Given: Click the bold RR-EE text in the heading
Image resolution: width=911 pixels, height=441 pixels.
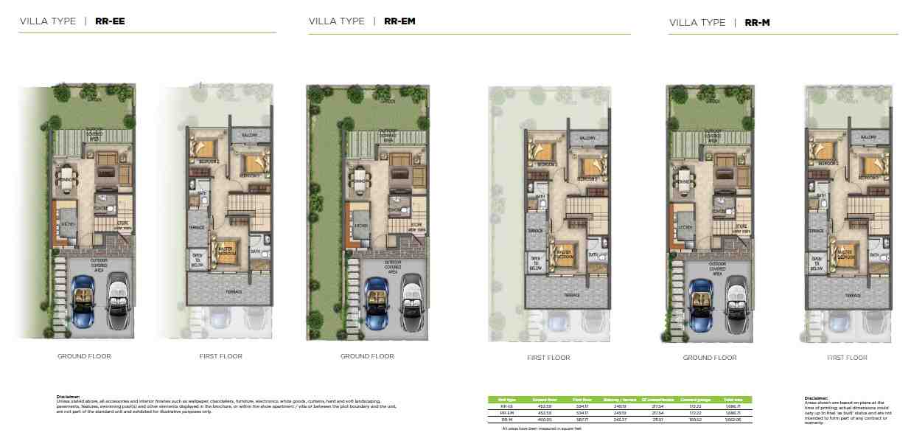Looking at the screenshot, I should (110, 21).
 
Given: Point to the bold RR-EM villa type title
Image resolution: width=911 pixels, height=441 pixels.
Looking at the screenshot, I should (399, 21).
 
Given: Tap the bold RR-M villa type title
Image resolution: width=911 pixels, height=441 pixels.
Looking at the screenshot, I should (757, 23).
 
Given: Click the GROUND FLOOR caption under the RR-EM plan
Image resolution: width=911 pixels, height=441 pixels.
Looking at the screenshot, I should (367, 356).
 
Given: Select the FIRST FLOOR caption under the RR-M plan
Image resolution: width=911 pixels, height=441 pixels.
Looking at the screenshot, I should (847, 358).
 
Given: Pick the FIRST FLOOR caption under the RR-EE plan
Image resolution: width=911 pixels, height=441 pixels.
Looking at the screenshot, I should (220, 356).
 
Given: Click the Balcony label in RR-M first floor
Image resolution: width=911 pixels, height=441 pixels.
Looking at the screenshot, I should (867, 138).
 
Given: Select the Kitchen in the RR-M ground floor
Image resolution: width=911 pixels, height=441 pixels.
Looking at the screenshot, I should (685, 227).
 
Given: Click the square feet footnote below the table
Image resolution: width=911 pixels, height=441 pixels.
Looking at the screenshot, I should (542, 428).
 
